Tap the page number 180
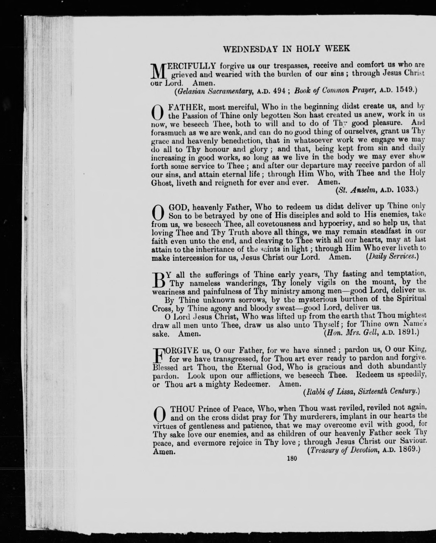click(x=292, y=458)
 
